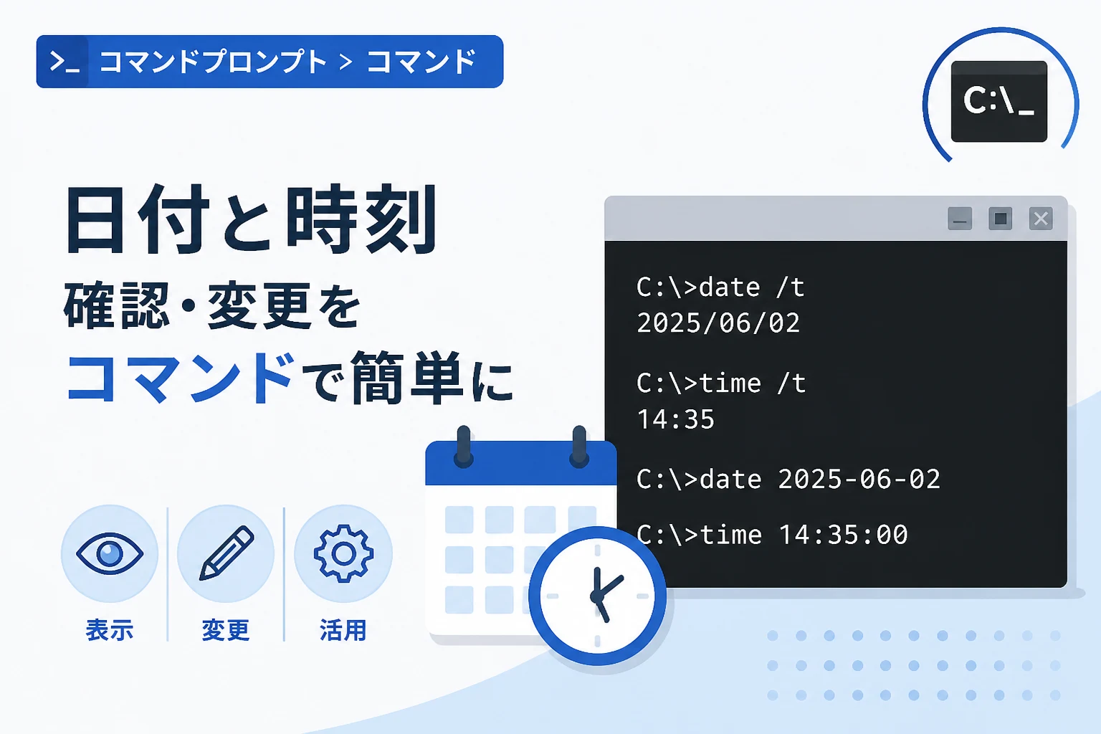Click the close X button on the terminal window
[1041, 219]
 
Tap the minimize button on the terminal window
[960, 219]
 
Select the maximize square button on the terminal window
[1000, 219]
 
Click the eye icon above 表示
[110, 553]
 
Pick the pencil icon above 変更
[227, 553]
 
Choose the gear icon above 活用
[343, 553]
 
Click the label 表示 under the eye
[110, 630]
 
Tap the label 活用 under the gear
[343, 630]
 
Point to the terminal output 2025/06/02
[718, 323]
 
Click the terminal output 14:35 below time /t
[675, 419]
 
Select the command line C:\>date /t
[720, 287]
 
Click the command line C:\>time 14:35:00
[772, 535]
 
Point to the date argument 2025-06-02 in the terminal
[859, 479]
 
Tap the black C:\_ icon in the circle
[999, 101]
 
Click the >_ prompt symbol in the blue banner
[65, 62]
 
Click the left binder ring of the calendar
[464, 446]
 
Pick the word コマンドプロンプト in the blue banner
[213, 62]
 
